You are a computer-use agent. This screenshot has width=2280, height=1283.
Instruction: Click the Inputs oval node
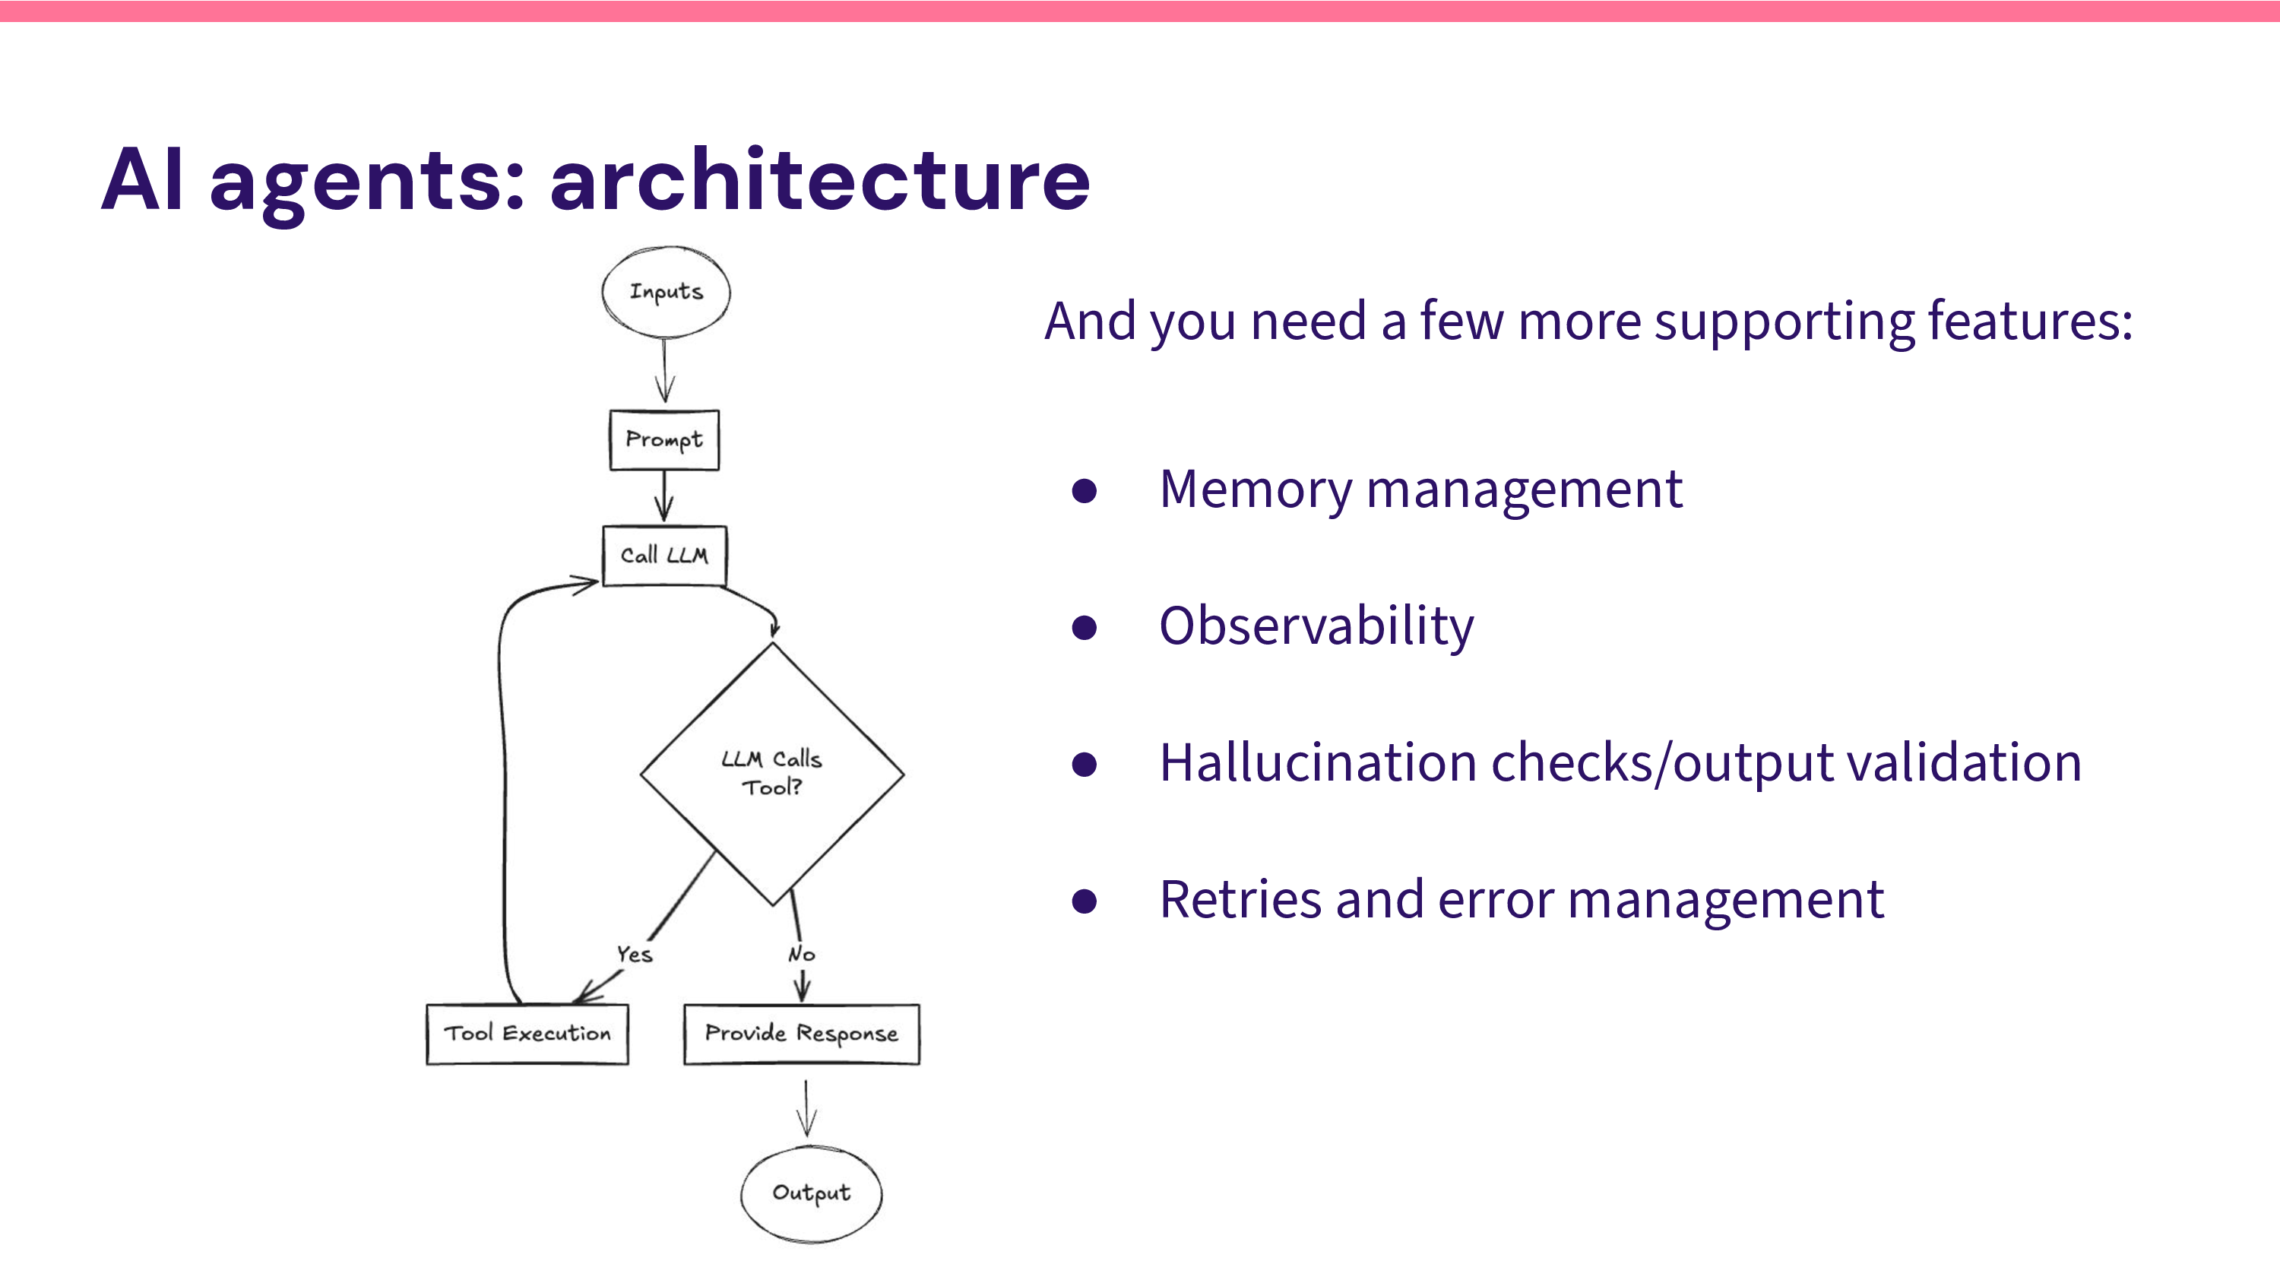(666, 292)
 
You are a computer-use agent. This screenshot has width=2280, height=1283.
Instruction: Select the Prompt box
(663, 440)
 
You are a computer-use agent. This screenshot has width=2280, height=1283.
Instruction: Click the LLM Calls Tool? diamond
(772, 773)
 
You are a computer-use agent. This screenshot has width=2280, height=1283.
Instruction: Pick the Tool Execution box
(527, 1033)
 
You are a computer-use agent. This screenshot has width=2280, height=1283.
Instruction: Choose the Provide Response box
(801, 1033)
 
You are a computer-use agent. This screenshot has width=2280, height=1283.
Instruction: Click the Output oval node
(811, 1193)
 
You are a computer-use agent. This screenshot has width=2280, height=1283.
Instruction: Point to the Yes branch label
(635, 955)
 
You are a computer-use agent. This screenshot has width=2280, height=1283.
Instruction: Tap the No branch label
(801, 955)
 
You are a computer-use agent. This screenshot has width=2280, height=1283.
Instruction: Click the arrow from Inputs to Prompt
(665, 372)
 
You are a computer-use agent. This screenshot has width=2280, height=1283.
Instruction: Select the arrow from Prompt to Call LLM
(663, 496)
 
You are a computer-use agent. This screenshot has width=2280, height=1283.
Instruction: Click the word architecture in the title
(819, 182)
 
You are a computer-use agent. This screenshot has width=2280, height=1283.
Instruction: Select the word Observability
(1316, 626)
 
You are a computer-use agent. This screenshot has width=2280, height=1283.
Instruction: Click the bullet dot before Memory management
(1085, 490)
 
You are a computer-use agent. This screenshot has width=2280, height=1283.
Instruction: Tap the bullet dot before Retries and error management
(1085, 901)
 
